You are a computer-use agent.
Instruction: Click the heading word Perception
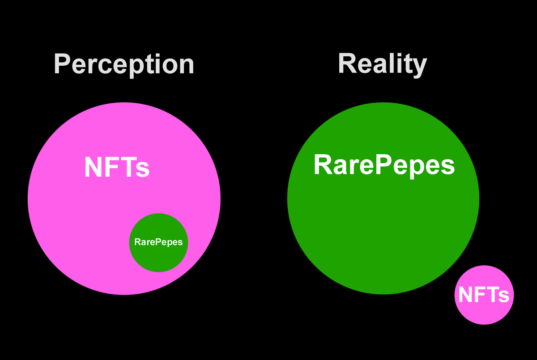pos(124,65)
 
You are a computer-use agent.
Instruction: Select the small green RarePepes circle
pos(158,243)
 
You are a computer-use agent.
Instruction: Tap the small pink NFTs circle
pos(484,295)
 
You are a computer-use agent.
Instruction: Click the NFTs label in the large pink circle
pos(117,167)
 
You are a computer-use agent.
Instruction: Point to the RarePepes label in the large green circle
pos(384,165)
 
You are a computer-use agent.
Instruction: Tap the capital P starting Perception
pos(62,64)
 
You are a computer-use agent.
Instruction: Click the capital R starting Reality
pos(347,63)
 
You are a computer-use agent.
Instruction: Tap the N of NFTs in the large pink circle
pos(94,167)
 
